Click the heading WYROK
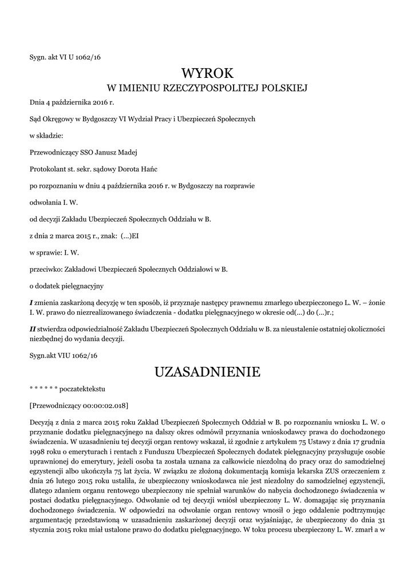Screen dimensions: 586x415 click(x=207, y=73)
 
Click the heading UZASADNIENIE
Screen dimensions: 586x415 click(x=207, y=373)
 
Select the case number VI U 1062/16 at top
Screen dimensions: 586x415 click(x=82, y=56)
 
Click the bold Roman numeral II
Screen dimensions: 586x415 click(x=33, y=329)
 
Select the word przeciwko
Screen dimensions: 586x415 click(x=46, y=268)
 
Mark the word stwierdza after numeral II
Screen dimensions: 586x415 click(x=54, y=329)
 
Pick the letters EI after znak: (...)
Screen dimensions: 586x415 click(x=136, y=235)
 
